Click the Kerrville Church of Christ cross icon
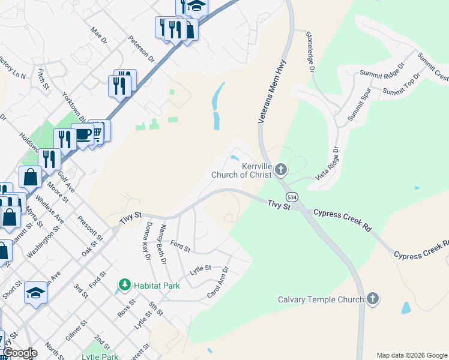(x=281, y=171)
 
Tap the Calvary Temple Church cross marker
(x=373, y=299)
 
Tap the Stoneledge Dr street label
(x=311, y=52)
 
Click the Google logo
(x=19, y=353)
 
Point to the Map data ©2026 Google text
(x=411, y=355)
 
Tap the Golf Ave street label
(x=66, y=179)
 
